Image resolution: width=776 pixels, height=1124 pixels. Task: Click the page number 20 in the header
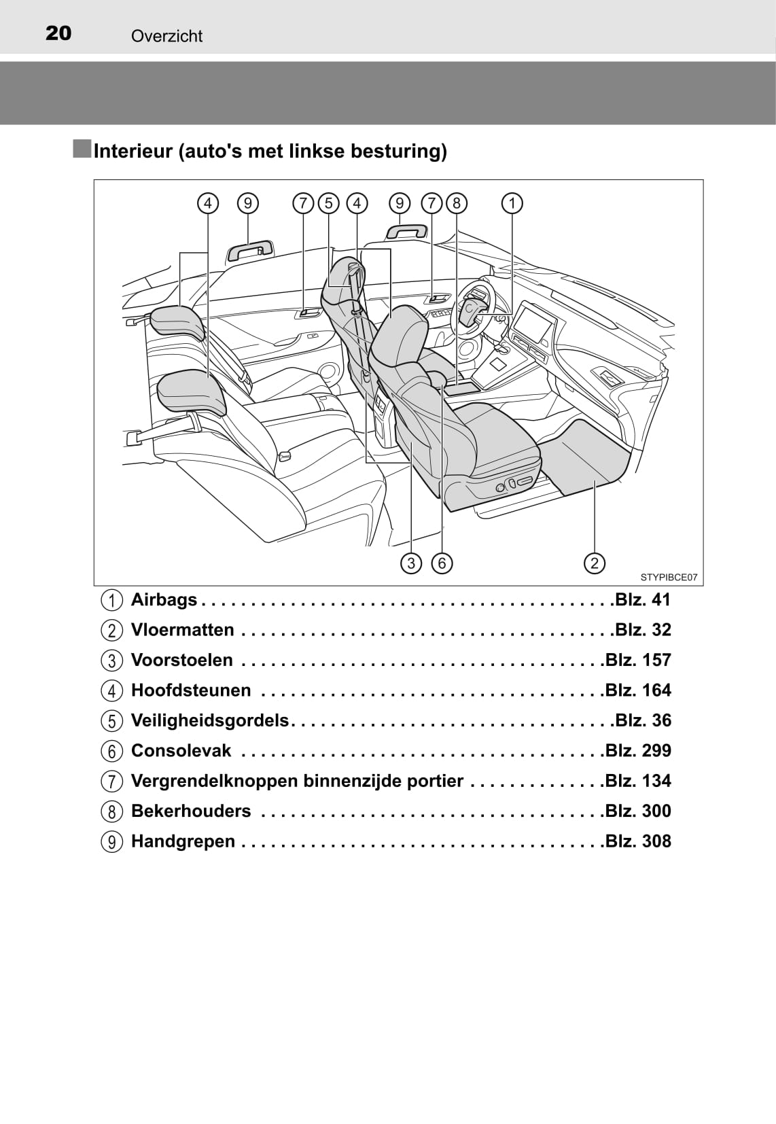point(58,33)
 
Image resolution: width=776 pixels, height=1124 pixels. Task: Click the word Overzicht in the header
point(166,36)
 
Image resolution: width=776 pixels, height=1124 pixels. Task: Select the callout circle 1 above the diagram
point(512,203)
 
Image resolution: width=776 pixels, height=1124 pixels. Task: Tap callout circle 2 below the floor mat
point(594,563)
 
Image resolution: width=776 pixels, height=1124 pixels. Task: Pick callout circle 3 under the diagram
point(411,563)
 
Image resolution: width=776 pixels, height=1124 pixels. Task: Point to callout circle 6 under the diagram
point(442,563)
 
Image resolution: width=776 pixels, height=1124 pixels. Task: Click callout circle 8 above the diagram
point(457,203)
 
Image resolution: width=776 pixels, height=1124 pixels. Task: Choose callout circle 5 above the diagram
point(329,203)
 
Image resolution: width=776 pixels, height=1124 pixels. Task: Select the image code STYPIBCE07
point(669,577)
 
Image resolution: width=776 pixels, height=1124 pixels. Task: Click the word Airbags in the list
point(164,600)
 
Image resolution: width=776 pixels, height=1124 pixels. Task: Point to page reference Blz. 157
point(638,660)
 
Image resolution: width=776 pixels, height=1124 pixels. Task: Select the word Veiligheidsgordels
point(210,720)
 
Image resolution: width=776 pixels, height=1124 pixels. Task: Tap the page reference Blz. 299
point(638,750)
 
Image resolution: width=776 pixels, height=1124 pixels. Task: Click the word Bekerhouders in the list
point(191,811)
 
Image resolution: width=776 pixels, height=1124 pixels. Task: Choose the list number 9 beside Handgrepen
point(112,842)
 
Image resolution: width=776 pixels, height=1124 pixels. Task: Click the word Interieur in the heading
point(133,151)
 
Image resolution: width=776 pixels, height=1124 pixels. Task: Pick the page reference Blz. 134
point(638,781)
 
